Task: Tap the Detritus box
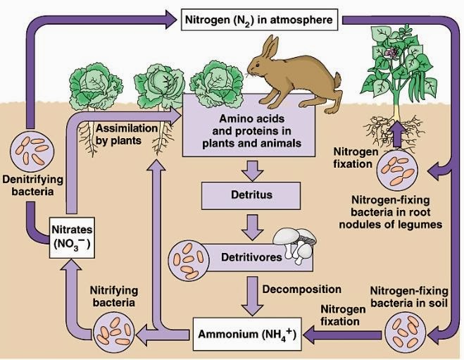[x=252, y=192]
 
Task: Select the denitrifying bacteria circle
[x=30, y=151]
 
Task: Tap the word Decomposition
[x=301, y=289]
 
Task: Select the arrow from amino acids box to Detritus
[x=252, y=168]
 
